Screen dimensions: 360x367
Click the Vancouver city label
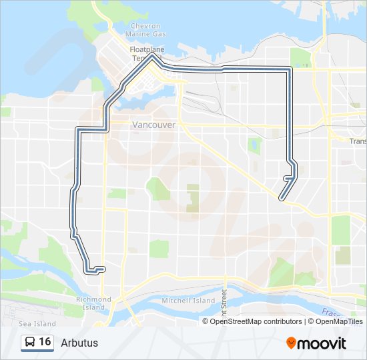(x=154, y=125)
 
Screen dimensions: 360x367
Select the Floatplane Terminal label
(x=146, y=54)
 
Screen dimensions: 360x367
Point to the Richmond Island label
(x=94, y=303)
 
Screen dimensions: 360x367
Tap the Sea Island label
(x=37, y=323)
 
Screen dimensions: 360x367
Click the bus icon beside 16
(x=30, y=343)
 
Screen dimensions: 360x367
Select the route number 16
(x=45, y=342)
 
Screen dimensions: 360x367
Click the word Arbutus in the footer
(x=79, y=343)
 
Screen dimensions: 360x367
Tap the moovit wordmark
(x=323, y=343)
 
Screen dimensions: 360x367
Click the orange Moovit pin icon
(x=292, y=343)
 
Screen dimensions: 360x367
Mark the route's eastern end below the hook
(x=281, y=198)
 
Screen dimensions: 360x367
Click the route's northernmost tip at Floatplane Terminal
(x=153, y=57)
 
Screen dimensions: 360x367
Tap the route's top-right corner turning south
(x=290, y=69)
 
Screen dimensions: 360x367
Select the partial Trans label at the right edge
(x=358, y=141)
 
